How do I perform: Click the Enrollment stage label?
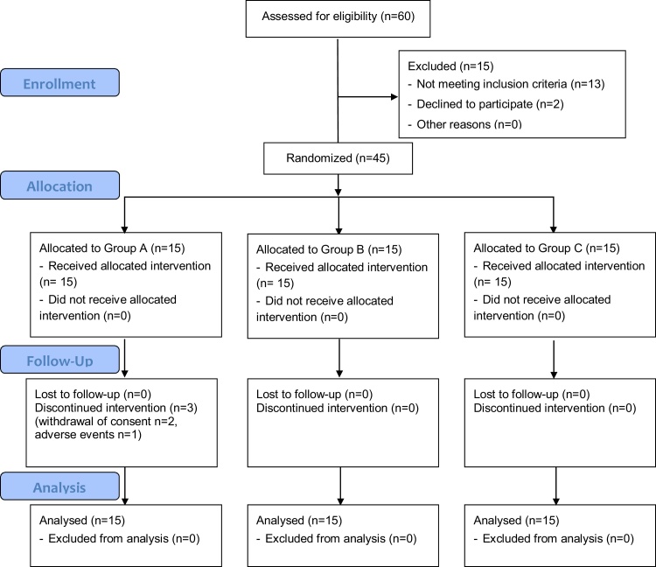tap(59, 84)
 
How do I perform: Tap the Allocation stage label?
tap(59, 185)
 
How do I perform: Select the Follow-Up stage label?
tap(59, 360)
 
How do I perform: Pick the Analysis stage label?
tap(59, 487)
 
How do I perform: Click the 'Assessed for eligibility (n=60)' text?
tap(338, 17)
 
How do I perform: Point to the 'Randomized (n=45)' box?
tap(338, 158)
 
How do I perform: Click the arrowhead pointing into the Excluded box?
tap(394, 97)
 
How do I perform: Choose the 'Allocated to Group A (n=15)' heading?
tap(112, 248)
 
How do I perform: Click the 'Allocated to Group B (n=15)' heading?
tap(329, 249)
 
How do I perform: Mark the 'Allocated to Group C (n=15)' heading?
tap(547, 248)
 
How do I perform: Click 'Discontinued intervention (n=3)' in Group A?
tap(115, 408)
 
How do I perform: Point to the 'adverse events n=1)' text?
tap(87, 434)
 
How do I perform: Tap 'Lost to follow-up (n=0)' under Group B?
tap(314, 394)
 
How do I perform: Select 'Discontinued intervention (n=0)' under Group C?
tap(555, 408)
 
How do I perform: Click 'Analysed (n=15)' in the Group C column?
tap(516, 520)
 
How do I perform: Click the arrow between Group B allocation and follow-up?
tap(339, 358)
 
